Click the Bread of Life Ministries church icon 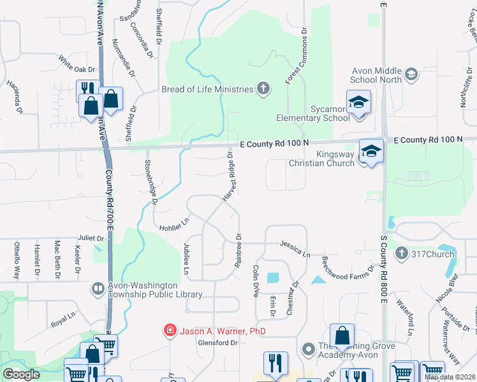point(263,88)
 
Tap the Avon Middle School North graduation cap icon point(411,74)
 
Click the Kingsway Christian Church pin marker point(371,152)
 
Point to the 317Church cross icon point(402,254)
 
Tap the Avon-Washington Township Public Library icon point(98,289)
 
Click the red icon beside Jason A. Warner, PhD point(170,330)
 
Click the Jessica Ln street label point(295,248)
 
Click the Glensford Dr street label point(217,343)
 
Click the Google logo point(21,374)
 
